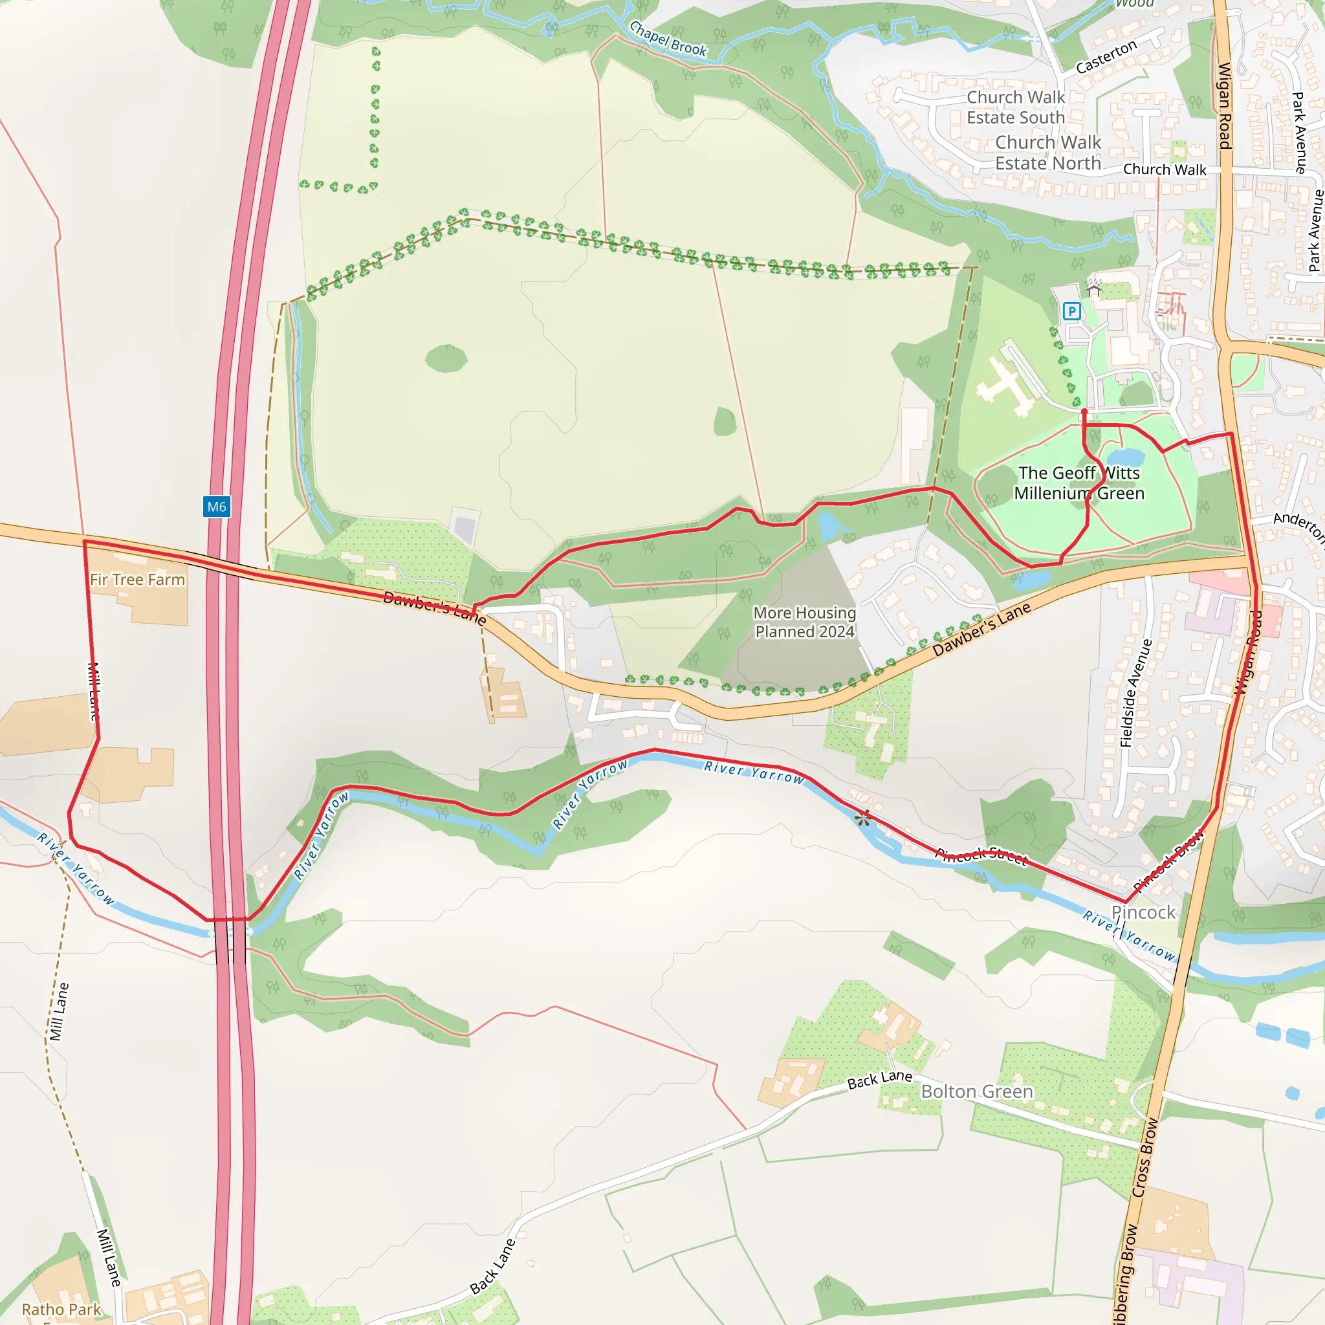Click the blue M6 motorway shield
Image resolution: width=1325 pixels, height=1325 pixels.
[217, 507]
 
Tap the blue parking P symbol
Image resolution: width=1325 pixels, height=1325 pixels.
[1071, 311]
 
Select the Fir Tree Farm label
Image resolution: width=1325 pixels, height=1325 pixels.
[137, 580]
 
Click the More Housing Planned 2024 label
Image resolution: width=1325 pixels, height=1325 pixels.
[804, 622]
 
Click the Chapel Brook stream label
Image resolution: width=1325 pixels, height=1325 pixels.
[667, 39]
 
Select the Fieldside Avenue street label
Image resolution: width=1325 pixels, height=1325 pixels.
[1135, 693]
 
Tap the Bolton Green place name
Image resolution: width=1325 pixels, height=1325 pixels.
[976, 1091]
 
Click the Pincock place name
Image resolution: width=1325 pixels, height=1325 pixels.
[1143, 913]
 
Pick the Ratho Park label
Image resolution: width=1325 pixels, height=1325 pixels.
[61, 1309]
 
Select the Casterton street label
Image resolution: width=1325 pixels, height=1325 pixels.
[1106, 56]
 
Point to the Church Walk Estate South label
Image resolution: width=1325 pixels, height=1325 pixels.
[1015, 107]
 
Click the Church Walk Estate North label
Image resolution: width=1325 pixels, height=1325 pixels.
[1047, 153]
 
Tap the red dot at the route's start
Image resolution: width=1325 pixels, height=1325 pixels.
[1084, 411]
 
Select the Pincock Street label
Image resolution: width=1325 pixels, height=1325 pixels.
[982, 855]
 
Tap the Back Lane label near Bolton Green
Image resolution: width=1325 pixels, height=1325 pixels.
[879, 1080]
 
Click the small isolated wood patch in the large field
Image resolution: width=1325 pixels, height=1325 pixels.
[446, 358]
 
